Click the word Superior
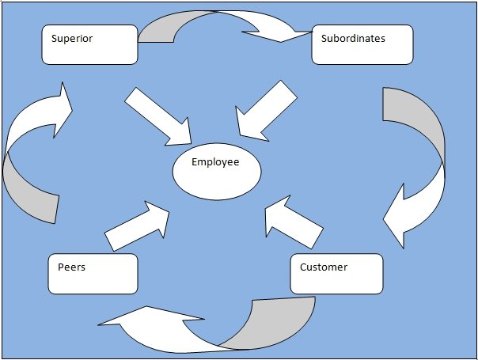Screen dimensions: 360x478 click(x=72, y=38)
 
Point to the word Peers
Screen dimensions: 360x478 click(x=71, y=267)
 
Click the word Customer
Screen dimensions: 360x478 click(x=323, y=267)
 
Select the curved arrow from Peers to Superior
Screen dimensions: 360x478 click(x=32, y=158)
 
